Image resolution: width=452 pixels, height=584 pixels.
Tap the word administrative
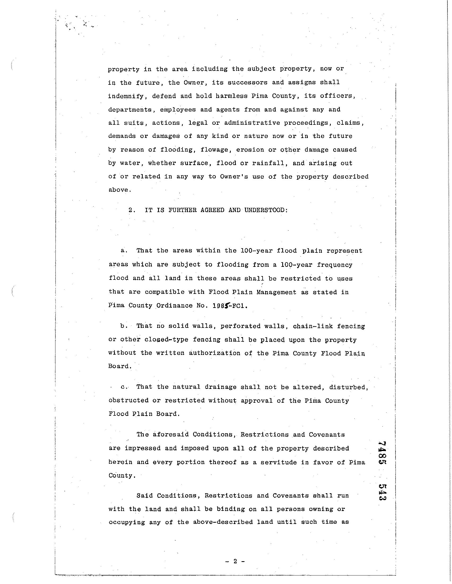pyautogui.click(x=252, y=123)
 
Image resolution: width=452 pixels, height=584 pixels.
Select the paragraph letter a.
pyautogui.click(x=123, y=251)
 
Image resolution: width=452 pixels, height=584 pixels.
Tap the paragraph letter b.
pyautogui.click(x=123, y=326)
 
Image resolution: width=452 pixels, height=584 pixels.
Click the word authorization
pyautogui.click(x=215, y=353)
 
